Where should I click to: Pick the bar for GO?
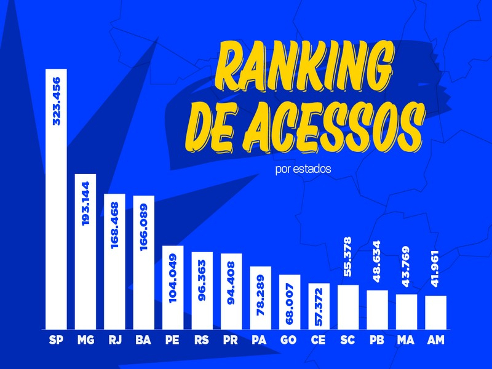[x=290, y=301]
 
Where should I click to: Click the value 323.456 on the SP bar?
[x=57, y=101]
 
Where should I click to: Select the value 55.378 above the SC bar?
[x=348, y=260]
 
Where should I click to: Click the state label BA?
[x=144, y=339]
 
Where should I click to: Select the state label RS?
[x=202, y=339]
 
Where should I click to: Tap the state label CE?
[x=319, y=339]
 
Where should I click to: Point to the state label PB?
[x=377, y=339]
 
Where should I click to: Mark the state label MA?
[x=407, y=339]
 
